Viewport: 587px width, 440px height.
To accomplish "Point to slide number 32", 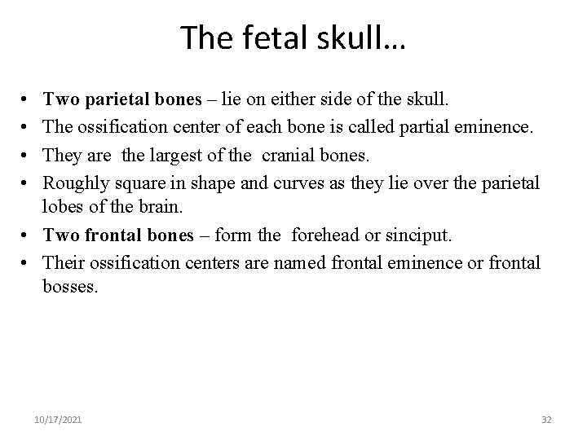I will [546, 419].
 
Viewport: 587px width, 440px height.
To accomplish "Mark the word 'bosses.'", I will [69, 287].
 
